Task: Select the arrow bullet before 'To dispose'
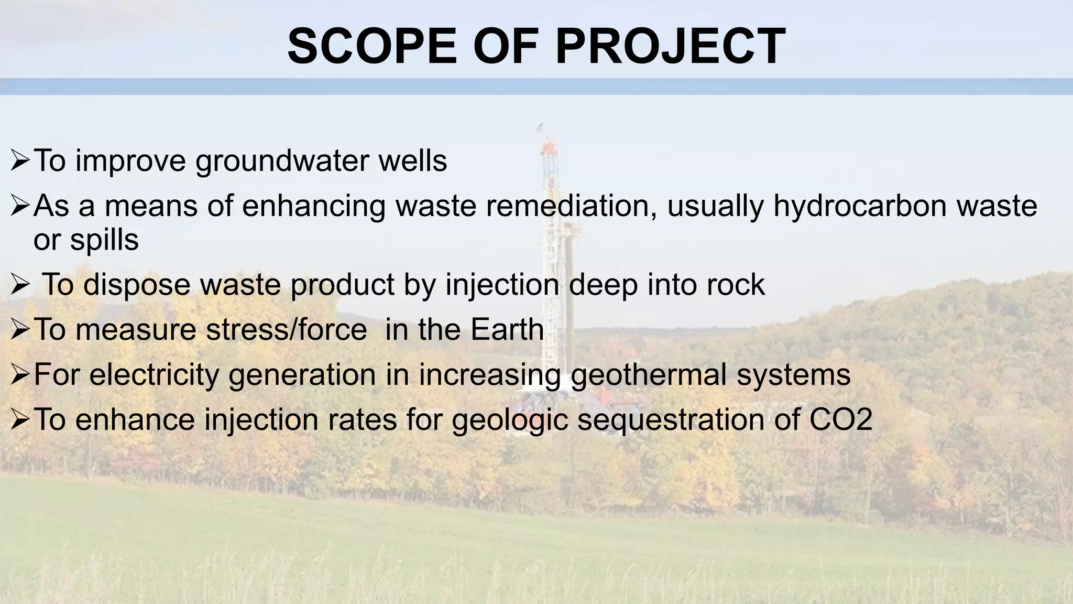coord(20,286)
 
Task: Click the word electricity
coord(154,375)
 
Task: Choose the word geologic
coord(510,420)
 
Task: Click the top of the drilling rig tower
coord(540,127)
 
